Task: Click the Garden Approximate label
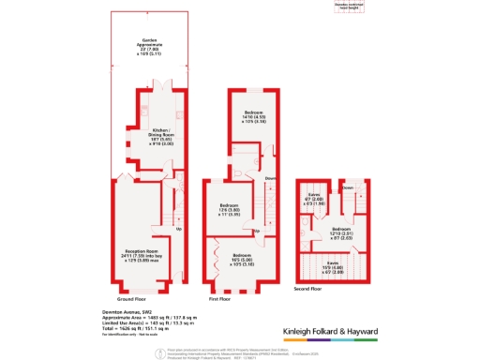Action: coord(143,47)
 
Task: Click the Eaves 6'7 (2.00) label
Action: coord(316,200)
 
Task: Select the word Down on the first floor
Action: coord(269,179)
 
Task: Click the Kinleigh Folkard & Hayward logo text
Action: coord(329,332)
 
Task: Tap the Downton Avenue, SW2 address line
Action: coord(126,311)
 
